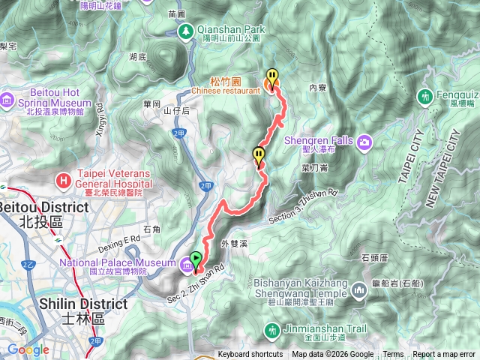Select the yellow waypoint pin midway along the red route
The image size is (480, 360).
pyautogui.click(x=259, y=156)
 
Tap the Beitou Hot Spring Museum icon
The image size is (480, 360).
pyautogui.click(x=7, y=100)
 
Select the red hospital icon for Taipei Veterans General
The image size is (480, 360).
pyautogui.click(x=64, y=180)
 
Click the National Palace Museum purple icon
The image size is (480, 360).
pyautogui.click(x=185, y=262)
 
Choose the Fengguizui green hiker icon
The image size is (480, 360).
pyautogui.click(x=426, y=97)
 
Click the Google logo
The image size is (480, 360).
pyautogui.click(x=28, y=350)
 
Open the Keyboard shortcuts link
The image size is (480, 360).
pyautogui.click(x=250, y=355)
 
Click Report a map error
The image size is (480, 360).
pyautogui.click(x=444, y=355)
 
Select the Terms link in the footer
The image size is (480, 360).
pyautogui.click(x=393, y=355)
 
